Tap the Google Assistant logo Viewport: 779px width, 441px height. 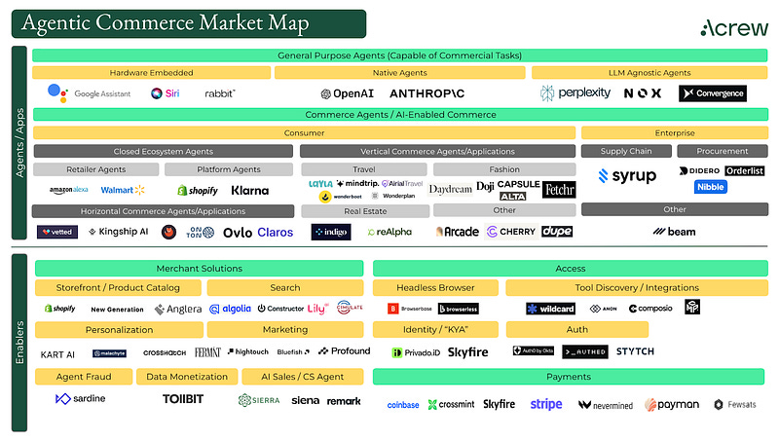(x=90, y=93)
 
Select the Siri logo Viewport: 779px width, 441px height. (x=164, y=93)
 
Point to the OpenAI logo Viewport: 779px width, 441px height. (x=346, y=93)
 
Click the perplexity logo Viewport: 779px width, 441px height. (x=575, y=93)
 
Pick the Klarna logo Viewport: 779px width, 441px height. (x=249, y=190)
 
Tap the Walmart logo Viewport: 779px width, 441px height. (x=123, y=190)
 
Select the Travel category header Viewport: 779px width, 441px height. (x=363, y=169)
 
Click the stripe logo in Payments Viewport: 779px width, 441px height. (x=546, y=404)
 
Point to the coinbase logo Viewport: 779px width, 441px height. (x=402, y=404)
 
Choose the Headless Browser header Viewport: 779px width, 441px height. (x=435, y=287)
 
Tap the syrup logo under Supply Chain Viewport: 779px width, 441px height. (x=627, y=176)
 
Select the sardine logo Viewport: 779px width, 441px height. (x=81, y=399)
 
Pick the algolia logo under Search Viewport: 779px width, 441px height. (x=230, y=309)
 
